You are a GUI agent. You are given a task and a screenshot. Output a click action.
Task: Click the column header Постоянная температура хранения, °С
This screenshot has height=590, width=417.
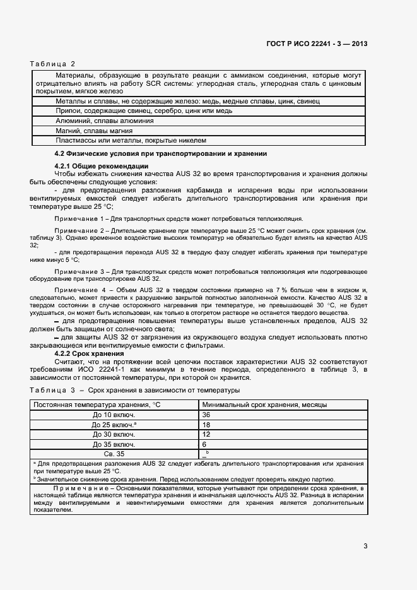[97, 404]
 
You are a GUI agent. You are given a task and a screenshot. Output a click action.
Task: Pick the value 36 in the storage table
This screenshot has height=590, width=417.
[206, 415]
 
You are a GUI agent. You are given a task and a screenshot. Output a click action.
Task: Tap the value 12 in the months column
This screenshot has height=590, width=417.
[206, 434]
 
